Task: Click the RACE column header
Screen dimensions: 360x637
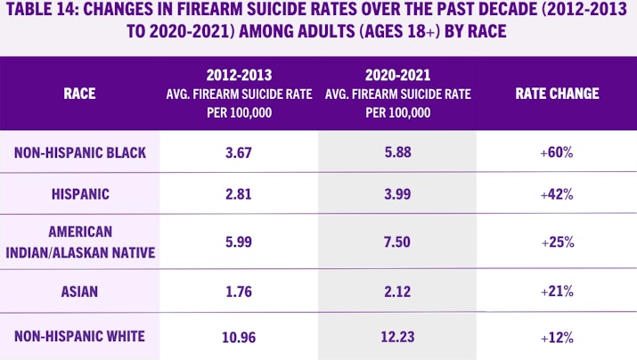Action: (x=79, y=93)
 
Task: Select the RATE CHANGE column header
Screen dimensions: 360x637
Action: (x=557, y=93)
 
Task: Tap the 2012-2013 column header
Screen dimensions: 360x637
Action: (x=239, y=93)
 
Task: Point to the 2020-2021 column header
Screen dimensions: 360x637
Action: (x=396, y=93)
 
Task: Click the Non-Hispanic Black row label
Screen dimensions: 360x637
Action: (x=80, y=152)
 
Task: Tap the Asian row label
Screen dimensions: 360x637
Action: (x=79, y=290)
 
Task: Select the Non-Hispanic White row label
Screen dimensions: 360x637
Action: (x=80, y=337)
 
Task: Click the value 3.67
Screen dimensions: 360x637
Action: (x=239, y=152)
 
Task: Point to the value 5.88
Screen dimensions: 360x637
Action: (x=397, y=152)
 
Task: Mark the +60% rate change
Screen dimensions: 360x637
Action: (x=556, y=152)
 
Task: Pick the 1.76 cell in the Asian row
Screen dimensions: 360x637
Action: (x=239, y=290)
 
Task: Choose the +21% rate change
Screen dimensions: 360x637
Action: (x=556, y=290)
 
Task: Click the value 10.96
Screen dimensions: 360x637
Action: (x=239, y=337)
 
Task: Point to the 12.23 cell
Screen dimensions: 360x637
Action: (x=397, y=337)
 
